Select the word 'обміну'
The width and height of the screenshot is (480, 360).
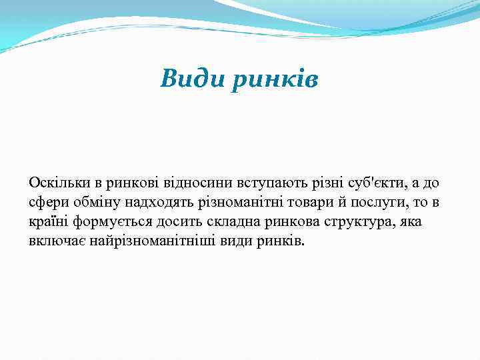coord(94,202)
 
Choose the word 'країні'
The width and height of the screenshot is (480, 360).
coord(49,221)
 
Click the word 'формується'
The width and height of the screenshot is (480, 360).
coord(106,221)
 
